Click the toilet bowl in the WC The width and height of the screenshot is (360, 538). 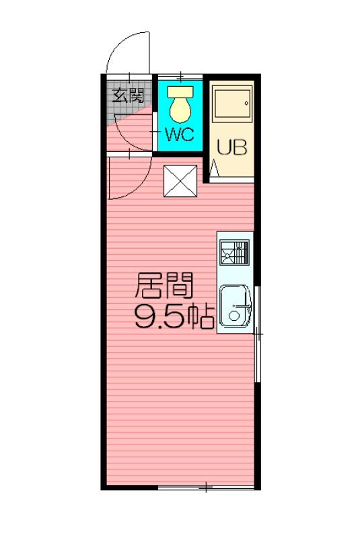click(x=180, y=109)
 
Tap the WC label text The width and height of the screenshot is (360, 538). click(x=180, y=135)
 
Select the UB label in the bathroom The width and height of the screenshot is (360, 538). click(x=231, y=147)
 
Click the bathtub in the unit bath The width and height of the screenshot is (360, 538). click(x=232, y=102)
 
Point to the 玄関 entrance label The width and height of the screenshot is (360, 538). click(x=128, y=95)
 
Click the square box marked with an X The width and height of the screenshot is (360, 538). click(x=180, y=181)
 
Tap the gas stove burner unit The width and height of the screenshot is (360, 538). click(x=235, y=253)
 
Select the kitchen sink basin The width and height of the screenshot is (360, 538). click(x=236, y=306)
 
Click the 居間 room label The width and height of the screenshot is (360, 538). click(x=164, y=285)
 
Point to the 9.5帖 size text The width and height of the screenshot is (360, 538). click(x=174, y=316)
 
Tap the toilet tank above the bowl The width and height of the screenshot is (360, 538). click(x=180, y=91)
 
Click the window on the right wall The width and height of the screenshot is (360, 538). click(x=258, y=334)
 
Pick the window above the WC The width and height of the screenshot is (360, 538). click(x=180, y=77)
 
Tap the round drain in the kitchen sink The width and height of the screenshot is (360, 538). click(x=234, y=314)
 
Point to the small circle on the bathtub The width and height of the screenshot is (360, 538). click(x=246, y=103)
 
